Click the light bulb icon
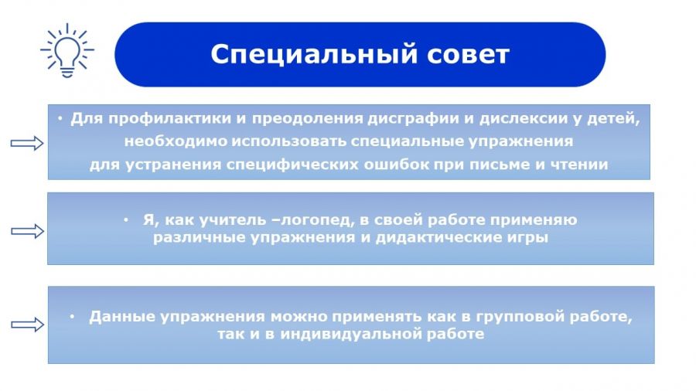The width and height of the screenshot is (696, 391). pos(67,50)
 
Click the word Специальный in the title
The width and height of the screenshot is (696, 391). pos(314,55)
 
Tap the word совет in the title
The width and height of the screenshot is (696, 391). pos(469,55)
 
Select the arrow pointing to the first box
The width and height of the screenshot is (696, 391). pos(27,143)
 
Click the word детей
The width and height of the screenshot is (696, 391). pos(613,119)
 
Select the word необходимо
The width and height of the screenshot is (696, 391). pos(176,141)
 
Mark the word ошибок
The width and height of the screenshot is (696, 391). pos(397,165)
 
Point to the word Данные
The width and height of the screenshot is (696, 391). pos(122,317)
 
